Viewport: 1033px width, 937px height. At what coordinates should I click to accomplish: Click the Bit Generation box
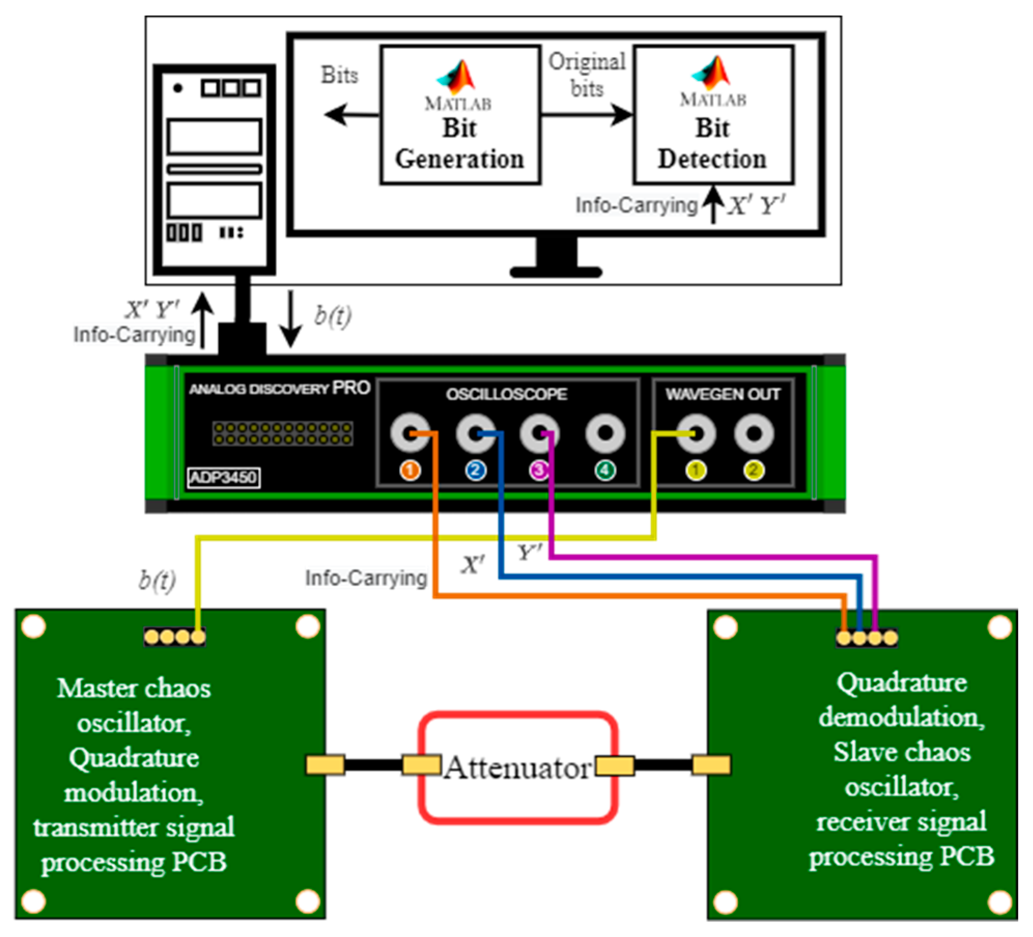point(460,115)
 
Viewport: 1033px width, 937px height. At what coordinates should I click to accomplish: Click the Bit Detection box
point(713,115)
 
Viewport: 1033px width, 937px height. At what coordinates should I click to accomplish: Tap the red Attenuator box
point(518,767)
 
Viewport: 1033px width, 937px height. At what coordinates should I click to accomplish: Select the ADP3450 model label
point(223,477)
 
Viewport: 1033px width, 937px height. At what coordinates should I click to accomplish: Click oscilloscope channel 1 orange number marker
point(410,471)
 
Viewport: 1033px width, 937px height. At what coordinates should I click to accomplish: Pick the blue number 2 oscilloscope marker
point(475,471)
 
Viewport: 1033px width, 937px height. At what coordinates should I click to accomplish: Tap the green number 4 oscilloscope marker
point(605,471)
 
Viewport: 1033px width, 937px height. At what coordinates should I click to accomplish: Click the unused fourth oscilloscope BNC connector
point(605,433)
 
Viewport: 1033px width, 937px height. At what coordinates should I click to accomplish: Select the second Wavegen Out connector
point(754,433)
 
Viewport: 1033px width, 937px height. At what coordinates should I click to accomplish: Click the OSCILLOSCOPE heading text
point(506,394)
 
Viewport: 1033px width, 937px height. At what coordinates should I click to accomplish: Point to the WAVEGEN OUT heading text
point(723,394)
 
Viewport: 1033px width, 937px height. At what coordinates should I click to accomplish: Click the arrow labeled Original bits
point(586,115)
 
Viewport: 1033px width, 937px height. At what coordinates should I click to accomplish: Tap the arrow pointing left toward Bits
point(351,115)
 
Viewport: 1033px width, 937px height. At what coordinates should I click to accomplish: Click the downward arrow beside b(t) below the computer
point(291,319)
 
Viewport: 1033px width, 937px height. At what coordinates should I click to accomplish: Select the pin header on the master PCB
point(175,637)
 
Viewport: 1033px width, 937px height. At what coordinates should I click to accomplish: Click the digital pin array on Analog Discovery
point(282,433)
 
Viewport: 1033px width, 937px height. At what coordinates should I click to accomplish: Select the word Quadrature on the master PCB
point(134,758)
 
